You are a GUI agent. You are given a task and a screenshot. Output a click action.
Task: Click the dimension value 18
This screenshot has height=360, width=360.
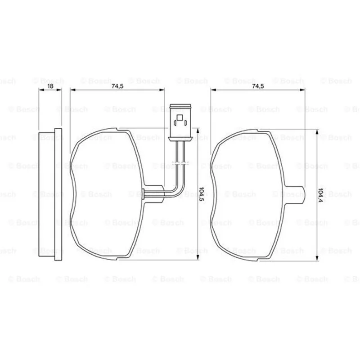[50, 86]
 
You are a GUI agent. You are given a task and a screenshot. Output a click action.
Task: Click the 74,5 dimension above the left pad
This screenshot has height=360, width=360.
[117, 86]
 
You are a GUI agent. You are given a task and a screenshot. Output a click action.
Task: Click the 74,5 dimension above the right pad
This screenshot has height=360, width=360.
[258, 86]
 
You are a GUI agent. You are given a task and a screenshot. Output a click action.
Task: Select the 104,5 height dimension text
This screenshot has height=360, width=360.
[201, 194]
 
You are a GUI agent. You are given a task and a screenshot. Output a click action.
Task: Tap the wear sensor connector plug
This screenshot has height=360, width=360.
[180, 122]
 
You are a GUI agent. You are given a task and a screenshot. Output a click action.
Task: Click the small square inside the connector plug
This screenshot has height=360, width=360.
[180, 117]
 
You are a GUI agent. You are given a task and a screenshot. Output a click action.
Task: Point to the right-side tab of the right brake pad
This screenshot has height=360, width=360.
[295, 194]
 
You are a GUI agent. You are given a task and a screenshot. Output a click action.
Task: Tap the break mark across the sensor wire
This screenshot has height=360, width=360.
[180, 163]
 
